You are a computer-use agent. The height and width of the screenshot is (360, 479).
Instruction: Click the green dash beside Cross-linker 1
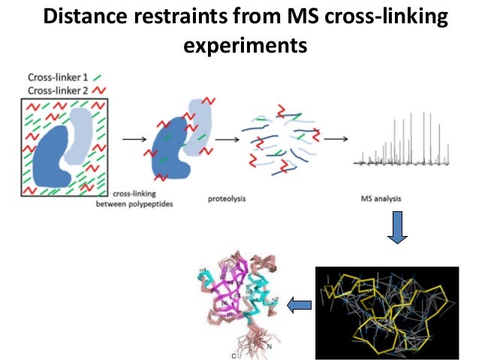(x=99, y=76)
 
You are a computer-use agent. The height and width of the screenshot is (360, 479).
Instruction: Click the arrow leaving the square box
(x=132, y=140)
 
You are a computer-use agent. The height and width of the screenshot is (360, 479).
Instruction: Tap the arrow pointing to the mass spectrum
(x=334, y=140)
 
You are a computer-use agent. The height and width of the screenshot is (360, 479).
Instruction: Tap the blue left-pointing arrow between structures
(x=300, y=304)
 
